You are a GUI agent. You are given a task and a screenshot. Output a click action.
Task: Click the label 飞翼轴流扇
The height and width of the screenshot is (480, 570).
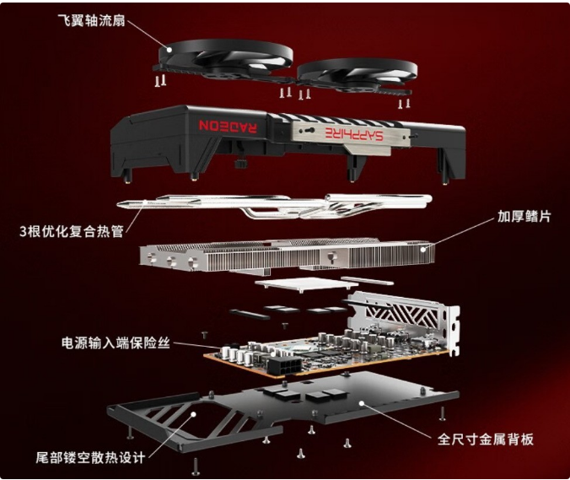91,21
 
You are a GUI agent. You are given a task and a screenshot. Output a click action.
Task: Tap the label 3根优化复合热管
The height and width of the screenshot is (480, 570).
72,231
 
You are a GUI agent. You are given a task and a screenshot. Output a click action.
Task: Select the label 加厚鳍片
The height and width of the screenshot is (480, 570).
524,216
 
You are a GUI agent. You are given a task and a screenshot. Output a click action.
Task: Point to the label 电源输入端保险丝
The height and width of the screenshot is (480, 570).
116,342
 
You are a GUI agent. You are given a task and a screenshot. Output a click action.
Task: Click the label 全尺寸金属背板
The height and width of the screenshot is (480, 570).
486,440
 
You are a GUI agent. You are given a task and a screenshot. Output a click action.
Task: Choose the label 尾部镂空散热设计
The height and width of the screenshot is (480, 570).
90,457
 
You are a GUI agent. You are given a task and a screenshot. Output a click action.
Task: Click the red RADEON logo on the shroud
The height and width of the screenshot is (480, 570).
228,127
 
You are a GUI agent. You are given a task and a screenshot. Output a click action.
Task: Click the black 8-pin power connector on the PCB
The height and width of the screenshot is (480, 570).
285,365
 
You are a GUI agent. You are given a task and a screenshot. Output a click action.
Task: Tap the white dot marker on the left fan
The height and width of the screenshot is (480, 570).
169,50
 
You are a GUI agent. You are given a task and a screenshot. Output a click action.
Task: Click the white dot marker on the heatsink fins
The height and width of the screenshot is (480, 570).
422,250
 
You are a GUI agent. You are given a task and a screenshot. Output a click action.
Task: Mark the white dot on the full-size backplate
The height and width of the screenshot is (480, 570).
362,403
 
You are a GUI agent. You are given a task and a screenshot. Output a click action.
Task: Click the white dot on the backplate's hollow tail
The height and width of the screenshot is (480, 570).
193,414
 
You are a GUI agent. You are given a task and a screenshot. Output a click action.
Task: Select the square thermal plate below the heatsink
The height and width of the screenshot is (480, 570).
301,283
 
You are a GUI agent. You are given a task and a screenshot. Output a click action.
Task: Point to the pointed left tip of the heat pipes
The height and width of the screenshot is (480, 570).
118,205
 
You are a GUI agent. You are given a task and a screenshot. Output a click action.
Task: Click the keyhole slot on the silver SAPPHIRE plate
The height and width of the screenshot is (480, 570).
309,131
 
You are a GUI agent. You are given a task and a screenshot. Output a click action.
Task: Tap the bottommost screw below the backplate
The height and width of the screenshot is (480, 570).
196,467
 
